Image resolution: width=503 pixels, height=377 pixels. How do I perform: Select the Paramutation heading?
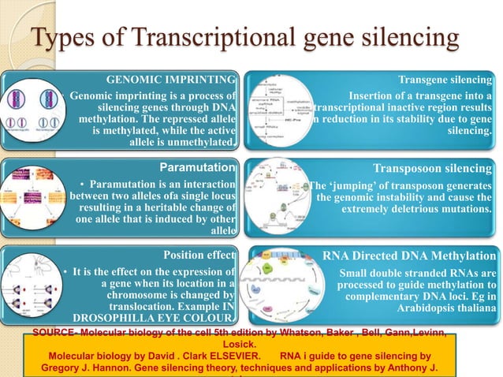(198, 168)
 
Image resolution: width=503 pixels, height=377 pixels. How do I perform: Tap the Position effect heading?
(199, 255)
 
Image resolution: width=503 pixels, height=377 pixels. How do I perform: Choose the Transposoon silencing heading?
(434, 168)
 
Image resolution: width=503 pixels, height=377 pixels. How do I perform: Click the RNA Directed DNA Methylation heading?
(410, 256)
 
